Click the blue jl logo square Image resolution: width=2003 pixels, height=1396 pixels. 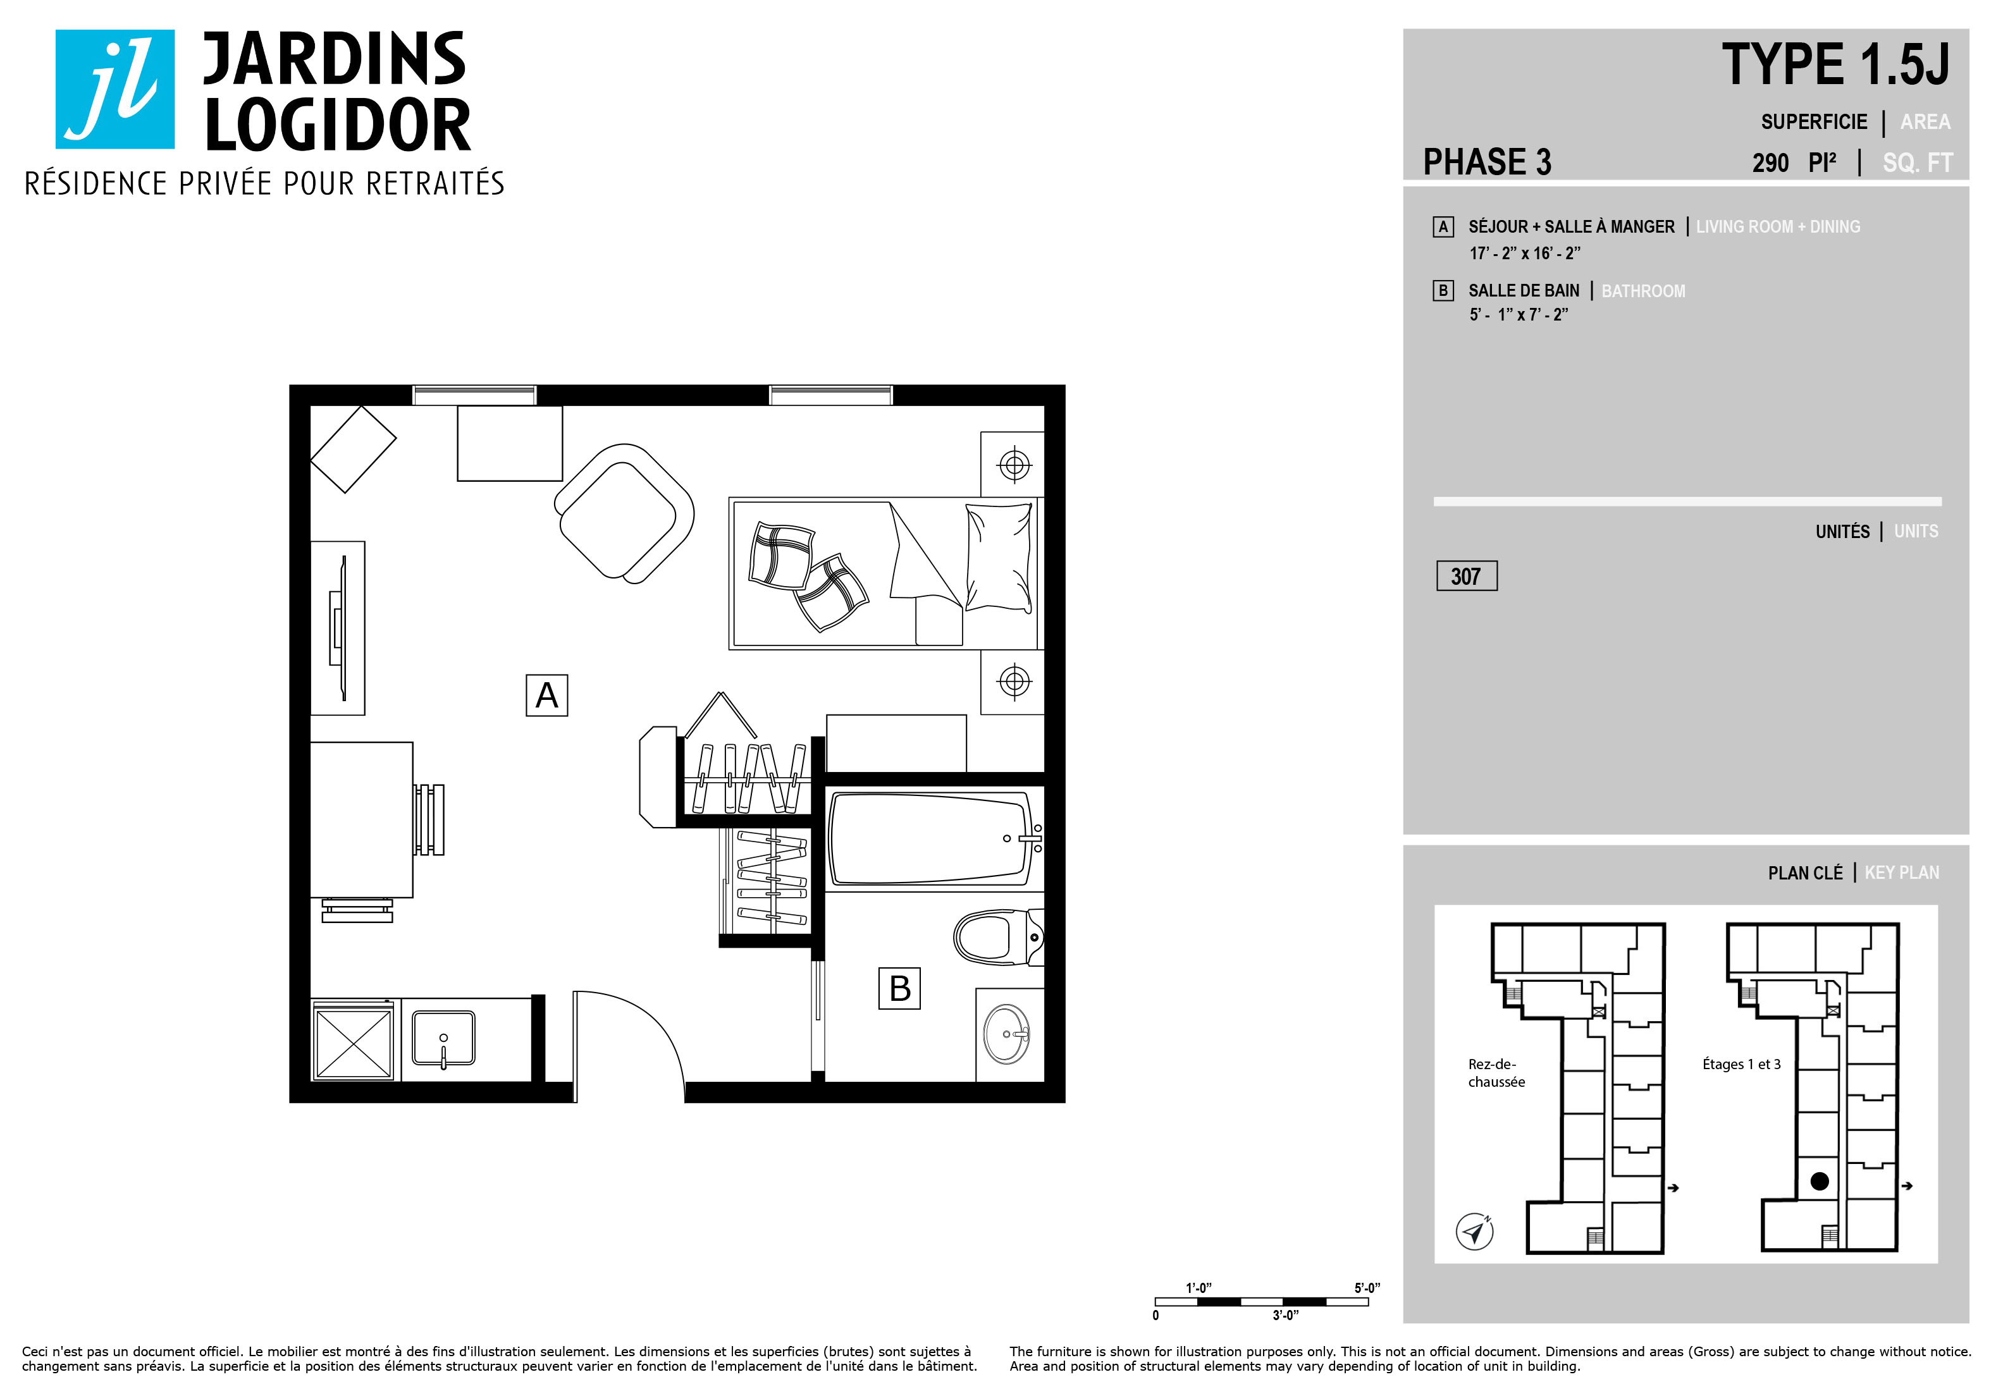[115, 89]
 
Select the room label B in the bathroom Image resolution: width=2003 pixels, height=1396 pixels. [899, 988]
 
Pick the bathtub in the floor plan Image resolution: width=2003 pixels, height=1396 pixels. [934, 838]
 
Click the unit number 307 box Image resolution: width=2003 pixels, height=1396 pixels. [1467, 575]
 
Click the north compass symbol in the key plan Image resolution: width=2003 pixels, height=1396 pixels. [1474, 1231]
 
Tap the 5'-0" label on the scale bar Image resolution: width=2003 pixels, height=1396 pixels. [1367, 1288]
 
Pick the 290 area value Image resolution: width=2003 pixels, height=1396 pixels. [1770, 163]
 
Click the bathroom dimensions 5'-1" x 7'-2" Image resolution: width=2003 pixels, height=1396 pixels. [1518, 315]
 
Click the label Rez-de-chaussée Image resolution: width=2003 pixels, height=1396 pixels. [1496, 1072]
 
